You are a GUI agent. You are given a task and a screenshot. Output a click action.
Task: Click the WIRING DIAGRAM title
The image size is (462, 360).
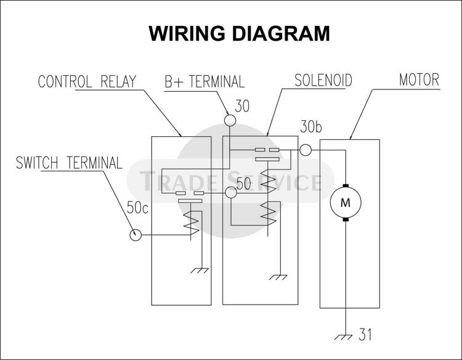pyautogui.click(x=239, y=33)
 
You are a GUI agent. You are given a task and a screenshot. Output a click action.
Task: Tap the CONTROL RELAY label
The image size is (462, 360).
pyautogui.click(x=87, y=82)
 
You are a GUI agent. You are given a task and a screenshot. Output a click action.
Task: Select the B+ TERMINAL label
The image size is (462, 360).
pyautogui.click(x=204, y=82)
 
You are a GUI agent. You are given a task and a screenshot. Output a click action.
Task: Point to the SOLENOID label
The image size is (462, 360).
pyautogui.click(x=323, y=81)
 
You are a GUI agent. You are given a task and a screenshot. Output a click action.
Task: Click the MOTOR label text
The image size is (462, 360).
pyautogui.click(x=419, y=80)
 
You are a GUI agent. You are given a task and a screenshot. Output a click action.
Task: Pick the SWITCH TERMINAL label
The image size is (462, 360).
pyautogui.click(x=69, y=163)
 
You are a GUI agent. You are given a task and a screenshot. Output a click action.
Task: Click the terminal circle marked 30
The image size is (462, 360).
pyautogui.click(x=230, y=120)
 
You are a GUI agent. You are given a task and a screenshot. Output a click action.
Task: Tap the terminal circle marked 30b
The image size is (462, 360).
pyautogui.click(x=306, y=150)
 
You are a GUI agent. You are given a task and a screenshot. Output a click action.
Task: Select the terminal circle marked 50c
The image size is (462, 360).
pyautogui.click(x=136, y=235)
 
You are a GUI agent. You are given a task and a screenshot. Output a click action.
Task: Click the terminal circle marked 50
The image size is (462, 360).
pyautogui.click(x=231, y=194)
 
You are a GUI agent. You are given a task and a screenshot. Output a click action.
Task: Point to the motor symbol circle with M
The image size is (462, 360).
pyautogui.click(x=345, y=202)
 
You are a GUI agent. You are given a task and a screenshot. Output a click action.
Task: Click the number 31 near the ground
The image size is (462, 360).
pyautogui.click(x=366, y=336)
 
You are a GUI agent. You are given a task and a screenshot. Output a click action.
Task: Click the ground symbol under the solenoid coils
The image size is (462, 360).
pyautogui.click(x=280, y=277)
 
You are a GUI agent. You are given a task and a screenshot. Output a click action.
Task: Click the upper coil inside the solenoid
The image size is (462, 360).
pyautogui.click(x=267, y=179)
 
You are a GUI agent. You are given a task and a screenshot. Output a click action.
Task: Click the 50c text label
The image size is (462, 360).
pyautogui.click(x=137, y=208)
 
